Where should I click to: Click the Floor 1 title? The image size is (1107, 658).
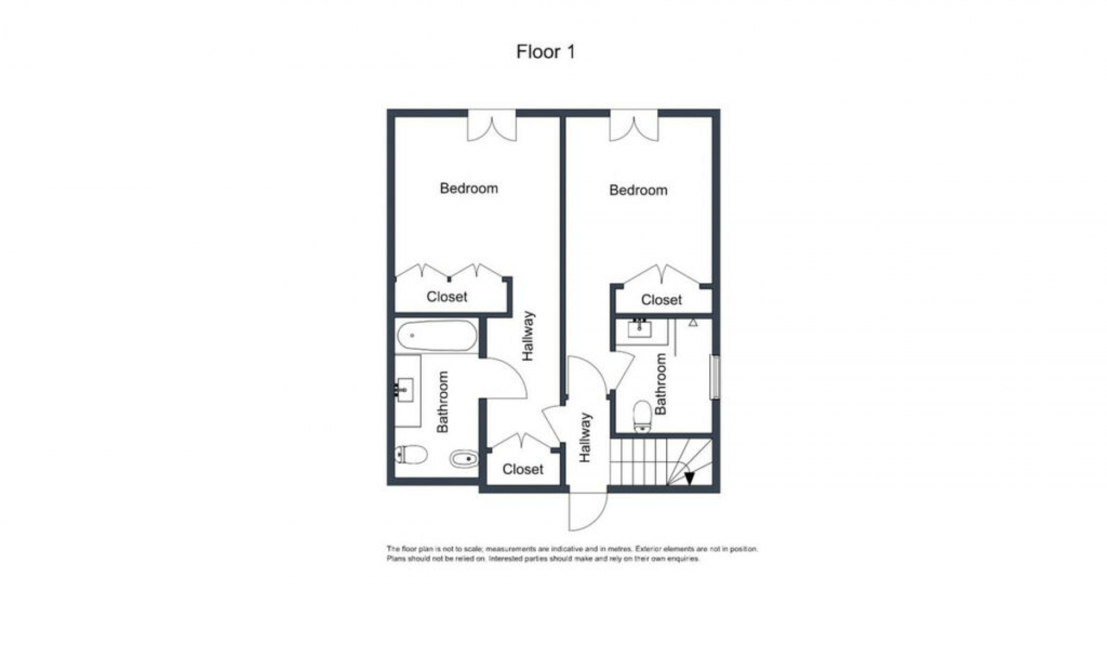point(545,52)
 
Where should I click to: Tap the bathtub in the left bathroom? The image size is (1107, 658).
point(436,335)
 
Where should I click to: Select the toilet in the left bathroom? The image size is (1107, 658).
point(412,455)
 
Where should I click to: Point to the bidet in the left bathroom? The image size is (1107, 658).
point(464,459)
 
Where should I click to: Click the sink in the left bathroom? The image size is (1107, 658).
point(405,390)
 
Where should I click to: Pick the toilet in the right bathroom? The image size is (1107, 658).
point(642,417)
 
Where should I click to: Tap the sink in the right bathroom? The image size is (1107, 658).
point(639,329)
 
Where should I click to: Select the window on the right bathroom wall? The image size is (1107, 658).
point(715,377)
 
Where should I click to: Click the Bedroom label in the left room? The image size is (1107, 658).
point(469,188)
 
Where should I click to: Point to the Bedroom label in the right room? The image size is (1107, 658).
point(638,190)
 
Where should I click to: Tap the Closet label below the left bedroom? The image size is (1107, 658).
point(447,297)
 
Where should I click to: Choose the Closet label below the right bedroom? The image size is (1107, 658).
point(661,300)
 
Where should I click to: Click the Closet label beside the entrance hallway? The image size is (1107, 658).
point(522,469)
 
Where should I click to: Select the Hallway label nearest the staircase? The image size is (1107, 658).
point(585,437)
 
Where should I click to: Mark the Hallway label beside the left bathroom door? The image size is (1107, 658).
point(528,336)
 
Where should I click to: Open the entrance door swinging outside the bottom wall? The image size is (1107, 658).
point(588,511)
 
